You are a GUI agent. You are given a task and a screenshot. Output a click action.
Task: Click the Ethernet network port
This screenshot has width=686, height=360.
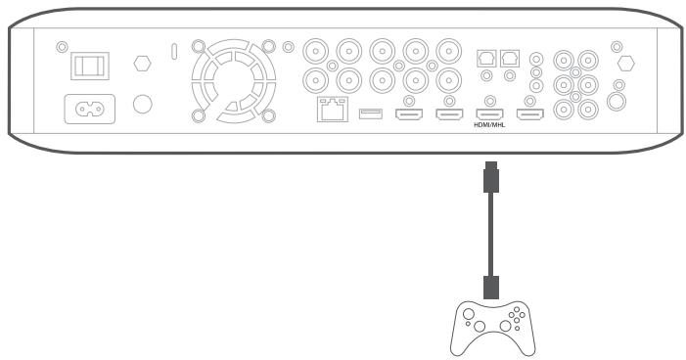(x=329, y=112)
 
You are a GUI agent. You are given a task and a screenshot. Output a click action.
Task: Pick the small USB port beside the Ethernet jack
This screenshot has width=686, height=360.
(x=370, y=115)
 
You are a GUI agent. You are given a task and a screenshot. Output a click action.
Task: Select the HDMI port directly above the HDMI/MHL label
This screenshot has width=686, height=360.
(x=488, y=115)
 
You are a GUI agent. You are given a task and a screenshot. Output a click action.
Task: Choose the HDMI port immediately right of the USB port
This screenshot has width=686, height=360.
(x=409, y=115)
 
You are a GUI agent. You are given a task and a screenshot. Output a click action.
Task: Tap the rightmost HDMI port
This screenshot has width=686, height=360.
(x=529, y=115)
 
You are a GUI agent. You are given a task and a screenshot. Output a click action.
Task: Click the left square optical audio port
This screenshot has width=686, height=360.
(x=484, y=58)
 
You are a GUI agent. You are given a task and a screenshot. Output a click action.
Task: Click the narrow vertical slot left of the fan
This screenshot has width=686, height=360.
(x=174, y=49)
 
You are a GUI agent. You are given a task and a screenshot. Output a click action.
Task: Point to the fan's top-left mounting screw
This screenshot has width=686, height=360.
(x=198, y=46)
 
